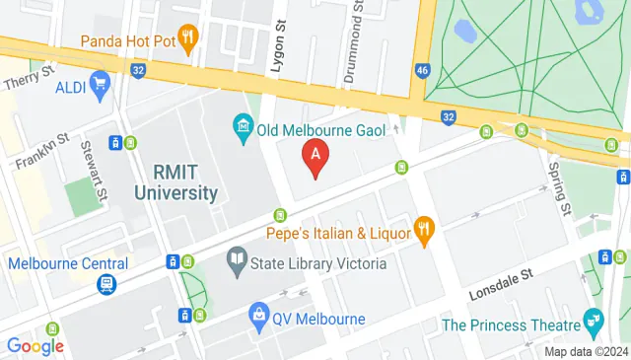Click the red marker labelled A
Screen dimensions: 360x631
point(315,156)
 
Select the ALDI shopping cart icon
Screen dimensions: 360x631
point(99,86)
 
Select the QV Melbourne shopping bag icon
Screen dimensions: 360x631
point(258,318)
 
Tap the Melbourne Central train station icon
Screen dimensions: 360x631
point(104,284)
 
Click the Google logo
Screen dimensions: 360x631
point(35,346)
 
